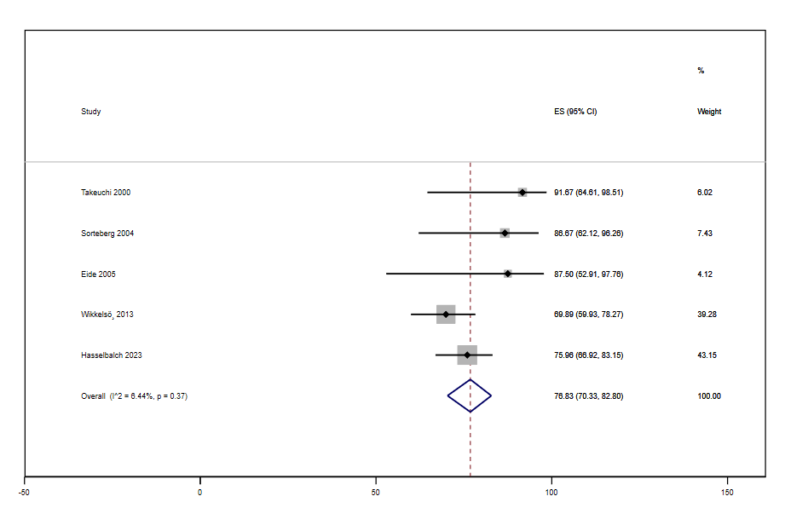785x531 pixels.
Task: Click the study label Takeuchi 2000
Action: pyautogui.click(x=106, y=193)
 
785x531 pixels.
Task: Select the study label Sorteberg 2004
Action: pyautogui.click(x=107, y=234)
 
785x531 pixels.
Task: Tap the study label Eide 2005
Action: pyautogui.click(x=98, y=274)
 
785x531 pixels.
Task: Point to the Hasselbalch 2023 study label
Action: pyautogui.click(x=112, y=355)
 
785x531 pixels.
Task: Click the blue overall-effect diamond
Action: pyautogui.click(x=470, y=395)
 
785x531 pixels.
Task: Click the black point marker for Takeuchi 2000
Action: pyautogui.click(x=522, y=193)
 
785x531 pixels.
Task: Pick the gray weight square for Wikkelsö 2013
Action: pyautogui.click(x=446, y=315)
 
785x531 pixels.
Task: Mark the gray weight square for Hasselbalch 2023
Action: pyautogui.click(x=467, y=355)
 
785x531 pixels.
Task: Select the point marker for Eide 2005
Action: pyautogui.click(x=508, y=274)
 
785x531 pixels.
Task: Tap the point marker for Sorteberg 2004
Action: pyautogui.click(x=505, y=233)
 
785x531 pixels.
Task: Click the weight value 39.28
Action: pyautogui.click(x=707, y=315)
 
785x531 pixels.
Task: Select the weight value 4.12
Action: pyautogui.click(x=704, y=274)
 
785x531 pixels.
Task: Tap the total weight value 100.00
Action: pyautogui.click(x=709, y=396)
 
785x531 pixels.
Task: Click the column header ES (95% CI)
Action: pyautogui.click(x=575, y=112)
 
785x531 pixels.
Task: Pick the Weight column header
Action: pyautogui.click(x=709, y=112)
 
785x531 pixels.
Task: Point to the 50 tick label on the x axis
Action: pyautogui.click(x=376, y=493)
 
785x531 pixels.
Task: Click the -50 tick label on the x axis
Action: pyautogui.click(x=25, y=493)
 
